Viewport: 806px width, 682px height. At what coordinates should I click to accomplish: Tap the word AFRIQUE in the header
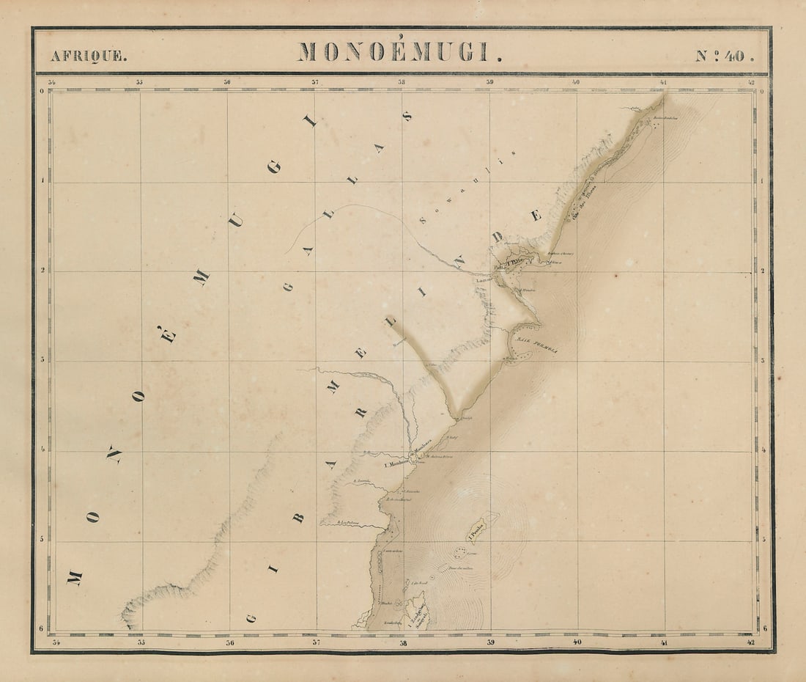(x=88, y=56)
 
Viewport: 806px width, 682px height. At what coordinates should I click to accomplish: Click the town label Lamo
(x=482, y=279)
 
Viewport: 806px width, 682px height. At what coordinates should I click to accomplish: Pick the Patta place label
(x=500, y=268)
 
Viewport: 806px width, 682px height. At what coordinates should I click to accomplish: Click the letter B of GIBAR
(x=299, y=517)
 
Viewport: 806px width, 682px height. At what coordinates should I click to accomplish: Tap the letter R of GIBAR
(x=361, y=412)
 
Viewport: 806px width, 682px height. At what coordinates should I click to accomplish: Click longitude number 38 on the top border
(x=402, y=81)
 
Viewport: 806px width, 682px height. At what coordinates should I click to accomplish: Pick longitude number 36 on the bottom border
(x=229, y=643)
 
